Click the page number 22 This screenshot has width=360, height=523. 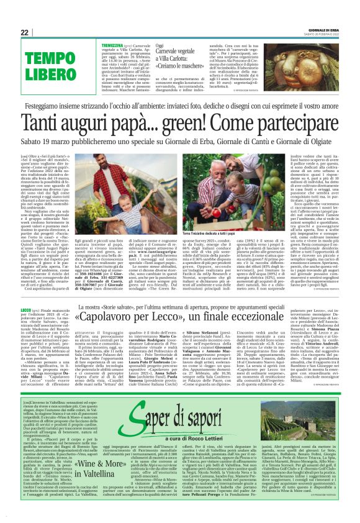coord(25,32)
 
